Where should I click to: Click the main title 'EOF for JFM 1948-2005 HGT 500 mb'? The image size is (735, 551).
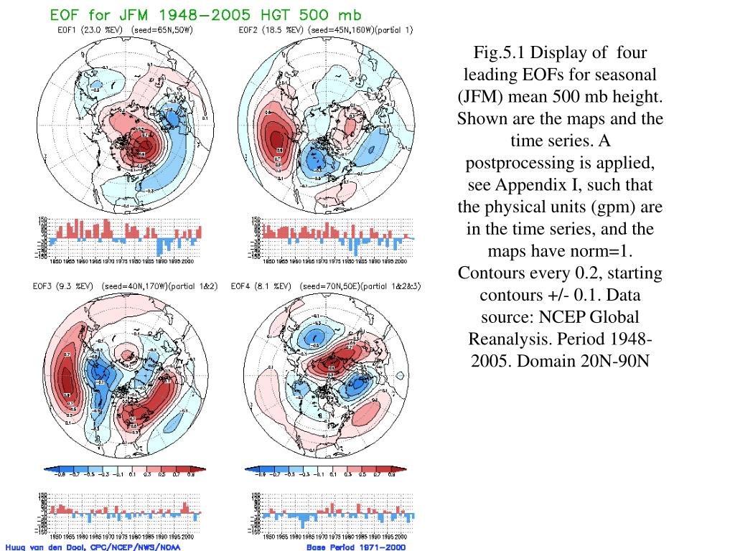pyautogui.click(x=205, y=14)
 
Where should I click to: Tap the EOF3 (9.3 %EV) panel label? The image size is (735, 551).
pyautogui.click(x=61, y=286)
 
